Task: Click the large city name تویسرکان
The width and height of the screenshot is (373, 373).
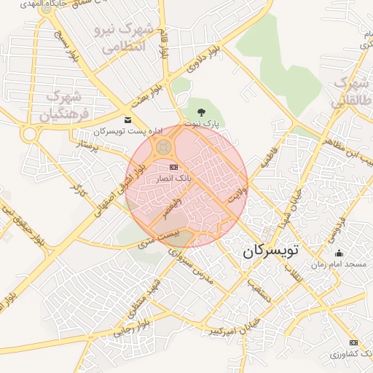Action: point(270,251)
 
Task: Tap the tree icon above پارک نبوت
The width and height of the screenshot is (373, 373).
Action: point(202,112)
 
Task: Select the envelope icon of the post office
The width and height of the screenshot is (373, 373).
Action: point(128,119)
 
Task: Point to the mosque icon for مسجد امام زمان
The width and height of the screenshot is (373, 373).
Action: point(339,254)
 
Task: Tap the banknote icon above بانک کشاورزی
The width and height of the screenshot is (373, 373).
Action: point(354,342)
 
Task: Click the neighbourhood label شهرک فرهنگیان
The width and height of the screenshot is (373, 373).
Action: point(63,106)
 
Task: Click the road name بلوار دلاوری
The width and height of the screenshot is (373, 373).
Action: point(203,60)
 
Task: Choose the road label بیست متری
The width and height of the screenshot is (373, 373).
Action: point(159,237)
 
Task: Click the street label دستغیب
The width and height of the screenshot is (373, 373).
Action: point(259,290)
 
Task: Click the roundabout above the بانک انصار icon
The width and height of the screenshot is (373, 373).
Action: point(163,149)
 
